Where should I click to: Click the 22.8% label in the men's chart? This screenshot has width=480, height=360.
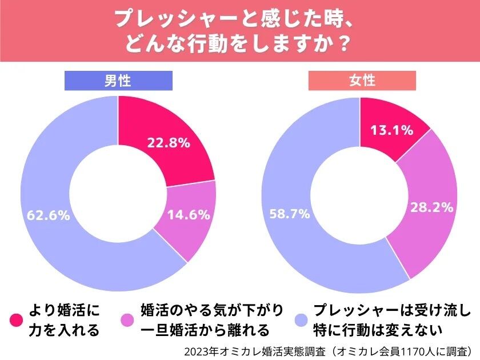click(169, 143)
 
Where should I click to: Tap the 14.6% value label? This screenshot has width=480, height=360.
click(189, 215)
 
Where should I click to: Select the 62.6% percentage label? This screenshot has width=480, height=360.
click(49, 215)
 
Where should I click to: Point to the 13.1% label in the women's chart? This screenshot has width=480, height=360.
click(392, 130)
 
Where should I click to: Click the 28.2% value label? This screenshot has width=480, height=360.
click(431, 207)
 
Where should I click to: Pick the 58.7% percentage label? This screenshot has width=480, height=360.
click(290, 214)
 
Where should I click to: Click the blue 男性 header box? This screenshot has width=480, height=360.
click(118, 81)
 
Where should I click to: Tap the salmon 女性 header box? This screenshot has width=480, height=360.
click(362, 81)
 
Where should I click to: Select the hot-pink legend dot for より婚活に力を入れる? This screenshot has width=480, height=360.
click(16, 320)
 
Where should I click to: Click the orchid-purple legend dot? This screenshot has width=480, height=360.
click(127, 320)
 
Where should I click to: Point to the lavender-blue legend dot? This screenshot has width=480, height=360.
click(301, 320)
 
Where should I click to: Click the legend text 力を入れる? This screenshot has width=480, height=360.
click(64, 331)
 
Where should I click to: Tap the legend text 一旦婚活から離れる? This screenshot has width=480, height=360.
click(205, 331)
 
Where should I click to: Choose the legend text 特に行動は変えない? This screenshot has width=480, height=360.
click(378, 331)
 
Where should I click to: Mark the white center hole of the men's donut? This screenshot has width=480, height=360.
click(118, 194)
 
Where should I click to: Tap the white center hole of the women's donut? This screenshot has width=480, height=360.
click(359, 195)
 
